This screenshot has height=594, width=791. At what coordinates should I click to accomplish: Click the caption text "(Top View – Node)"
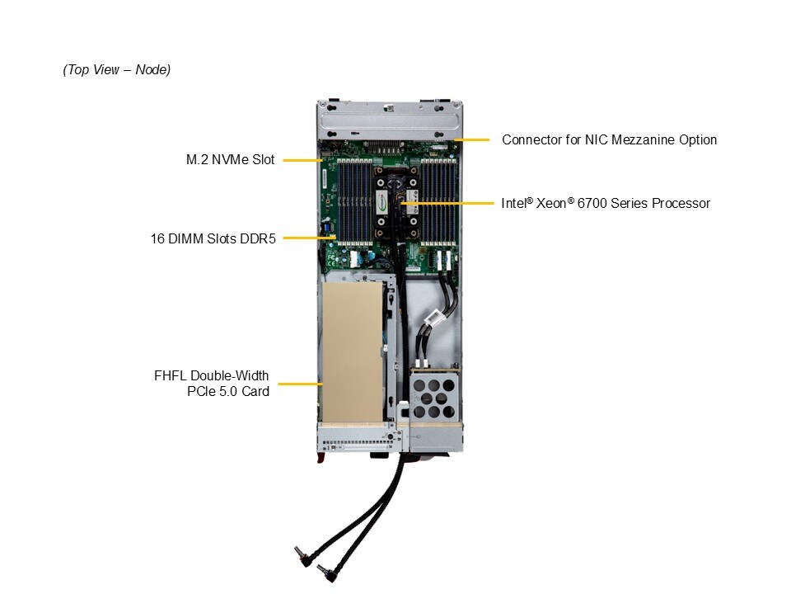116,70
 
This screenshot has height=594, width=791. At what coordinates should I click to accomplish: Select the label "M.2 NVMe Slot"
230,160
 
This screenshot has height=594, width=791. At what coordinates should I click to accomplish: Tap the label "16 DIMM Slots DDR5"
213,238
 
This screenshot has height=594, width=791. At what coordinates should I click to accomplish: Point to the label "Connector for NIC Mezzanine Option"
609,139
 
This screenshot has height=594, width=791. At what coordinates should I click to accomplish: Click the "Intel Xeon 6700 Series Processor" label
606,203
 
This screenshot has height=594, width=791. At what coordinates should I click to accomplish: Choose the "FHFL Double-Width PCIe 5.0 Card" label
212,384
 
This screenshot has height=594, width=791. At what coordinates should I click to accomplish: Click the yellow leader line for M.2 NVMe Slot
302,160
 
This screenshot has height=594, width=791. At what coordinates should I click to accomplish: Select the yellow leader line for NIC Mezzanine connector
472,139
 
